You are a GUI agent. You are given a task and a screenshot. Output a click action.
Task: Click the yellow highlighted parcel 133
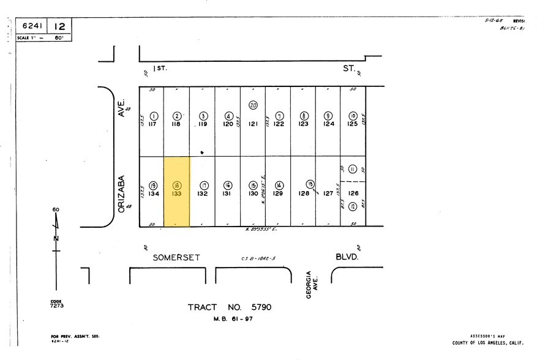tap(176, 191)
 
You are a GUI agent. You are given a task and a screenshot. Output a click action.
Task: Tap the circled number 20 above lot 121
tap(253, 105)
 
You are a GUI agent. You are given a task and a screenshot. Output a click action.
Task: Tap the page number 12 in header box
tap(60, 26)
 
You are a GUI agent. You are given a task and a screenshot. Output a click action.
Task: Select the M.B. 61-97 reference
tap(233, 318)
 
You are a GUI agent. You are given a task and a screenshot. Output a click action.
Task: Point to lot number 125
tap(353, 124)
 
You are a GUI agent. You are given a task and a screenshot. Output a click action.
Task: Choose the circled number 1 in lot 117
tap(154, 115)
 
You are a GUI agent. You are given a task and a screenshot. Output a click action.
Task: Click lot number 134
tap(154, 193)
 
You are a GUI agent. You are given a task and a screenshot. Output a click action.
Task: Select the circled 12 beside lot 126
tap(352, 207)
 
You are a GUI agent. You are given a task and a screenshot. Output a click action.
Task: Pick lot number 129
tap(278, 193)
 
